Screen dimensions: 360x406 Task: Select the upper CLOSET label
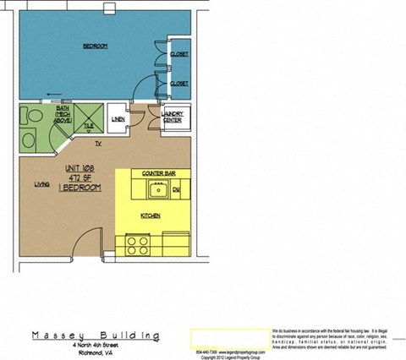pos(178,54)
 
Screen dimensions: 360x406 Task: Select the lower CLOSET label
pos(178,84)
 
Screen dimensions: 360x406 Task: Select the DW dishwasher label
pos(176,191)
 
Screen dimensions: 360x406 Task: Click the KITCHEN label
pos(151,216)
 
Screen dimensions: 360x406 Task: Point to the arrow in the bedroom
pos(55,95)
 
